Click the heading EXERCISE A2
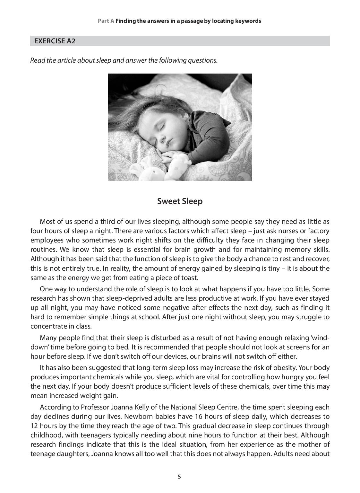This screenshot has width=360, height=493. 55,41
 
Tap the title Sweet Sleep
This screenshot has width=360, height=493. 180,201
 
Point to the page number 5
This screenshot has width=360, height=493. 179,477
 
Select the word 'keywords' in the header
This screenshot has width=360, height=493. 248,21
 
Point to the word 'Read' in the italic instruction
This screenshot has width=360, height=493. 38,60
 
